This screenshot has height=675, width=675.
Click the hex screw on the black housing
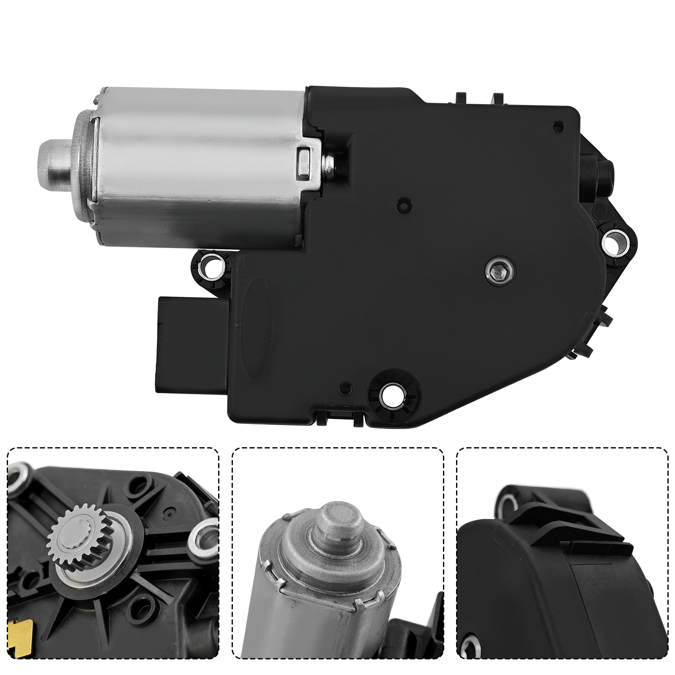(x=499, y=272)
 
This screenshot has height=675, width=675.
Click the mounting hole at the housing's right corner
(x=615, y=243)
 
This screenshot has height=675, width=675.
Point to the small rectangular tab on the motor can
(x=305, y=161)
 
